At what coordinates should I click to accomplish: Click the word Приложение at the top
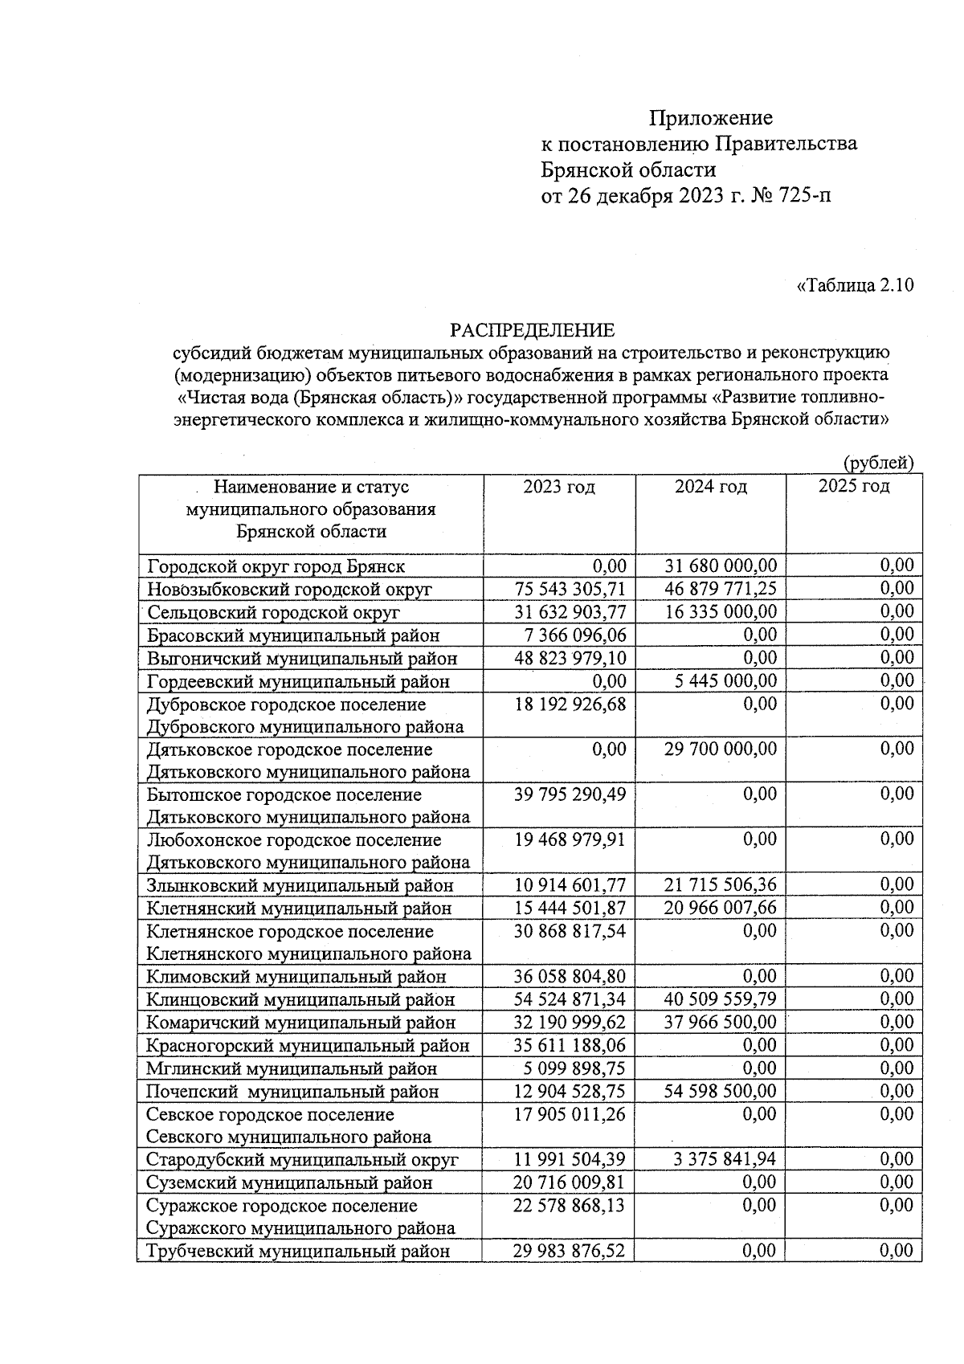tap(710, 119)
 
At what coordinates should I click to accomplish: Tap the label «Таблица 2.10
tap(855, 286)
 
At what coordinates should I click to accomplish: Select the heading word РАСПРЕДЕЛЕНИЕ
tap(532, 330)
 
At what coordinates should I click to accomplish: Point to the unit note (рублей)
tap(878, 463)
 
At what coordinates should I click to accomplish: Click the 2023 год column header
tap(559, 487)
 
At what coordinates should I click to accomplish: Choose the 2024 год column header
tap(710, 487)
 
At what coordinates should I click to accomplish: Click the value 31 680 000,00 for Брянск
tap(721, 566)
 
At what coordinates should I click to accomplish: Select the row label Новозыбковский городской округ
tap(289, 590)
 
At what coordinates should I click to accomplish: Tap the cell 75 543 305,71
tap(570, 589)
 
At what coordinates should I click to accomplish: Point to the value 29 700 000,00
tap(721, 749)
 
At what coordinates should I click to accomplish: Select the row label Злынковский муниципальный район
tap(300, 886)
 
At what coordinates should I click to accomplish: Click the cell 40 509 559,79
tap(721, 1000)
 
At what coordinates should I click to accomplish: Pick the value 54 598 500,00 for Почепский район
tap(721, 1092)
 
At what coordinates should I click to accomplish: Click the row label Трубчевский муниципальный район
tap(298, 1252)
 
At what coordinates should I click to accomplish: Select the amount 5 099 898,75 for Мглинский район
tap(574, 1069)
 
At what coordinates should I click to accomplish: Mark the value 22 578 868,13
tap(570, 1206)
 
